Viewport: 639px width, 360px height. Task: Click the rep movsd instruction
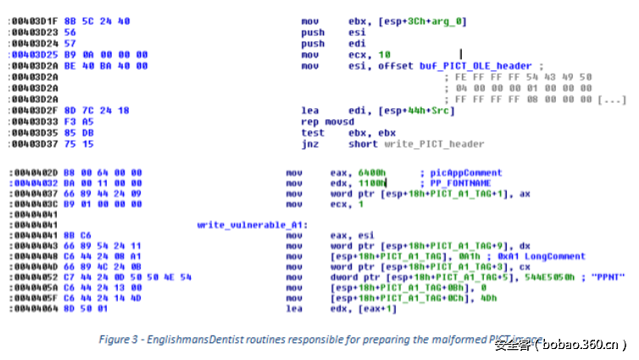click(x=323, y=122)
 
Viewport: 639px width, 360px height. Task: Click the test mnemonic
click(x=311, y=133)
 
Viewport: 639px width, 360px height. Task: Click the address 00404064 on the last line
click(x=31, y=308)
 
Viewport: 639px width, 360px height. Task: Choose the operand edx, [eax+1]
click(x=356, y=308)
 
